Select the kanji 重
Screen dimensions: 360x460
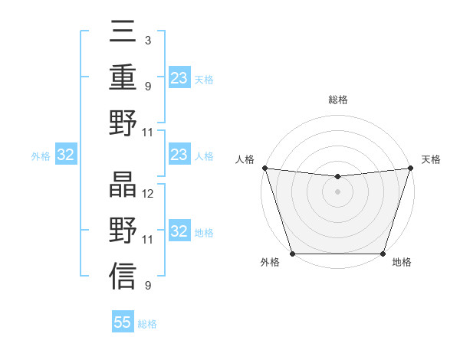click(123, 77)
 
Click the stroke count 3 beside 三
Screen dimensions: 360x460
click(147, 39)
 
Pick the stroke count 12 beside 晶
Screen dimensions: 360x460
click(148, 194)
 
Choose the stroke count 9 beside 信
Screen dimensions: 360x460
click(147, 286)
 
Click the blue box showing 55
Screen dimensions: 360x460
click(123, 322)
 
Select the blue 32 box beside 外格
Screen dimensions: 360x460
click(65, 155)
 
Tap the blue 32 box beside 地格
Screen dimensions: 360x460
click(179, 232)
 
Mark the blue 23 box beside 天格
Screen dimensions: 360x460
click(179, 78)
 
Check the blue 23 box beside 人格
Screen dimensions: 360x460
click(179, 155)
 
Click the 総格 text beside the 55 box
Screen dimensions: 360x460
click(147, 324)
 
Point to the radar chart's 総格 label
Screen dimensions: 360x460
click(337, 100)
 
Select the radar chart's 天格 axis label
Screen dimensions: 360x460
click(431, 159)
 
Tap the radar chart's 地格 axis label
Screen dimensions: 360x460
click(402, 263)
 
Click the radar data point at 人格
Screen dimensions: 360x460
click(264, 168)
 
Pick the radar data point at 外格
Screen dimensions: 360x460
click(293, 254)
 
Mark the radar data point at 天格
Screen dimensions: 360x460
click(410, 168)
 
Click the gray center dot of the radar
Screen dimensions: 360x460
click(337, 191)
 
